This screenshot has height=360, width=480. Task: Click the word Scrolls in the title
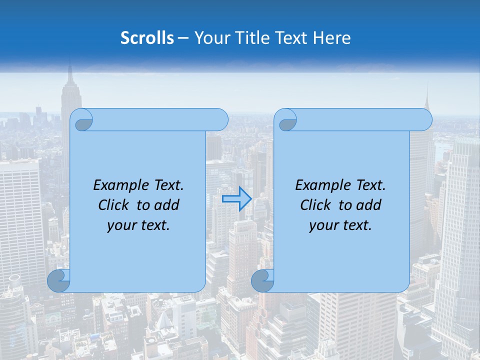147,38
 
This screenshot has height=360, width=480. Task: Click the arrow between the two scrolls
237,199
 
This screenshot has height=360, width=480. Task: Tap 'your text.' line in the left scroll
138,225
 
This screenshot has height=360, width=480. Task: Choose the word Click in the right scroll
315,205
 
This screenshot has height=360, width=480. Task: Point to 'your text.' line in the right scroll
340,225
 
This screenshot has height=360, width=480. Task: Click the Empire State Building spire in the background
70,75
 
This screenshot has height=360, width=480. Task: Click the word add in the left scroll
167,205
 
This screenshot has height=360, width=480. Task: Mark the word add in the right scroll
369,205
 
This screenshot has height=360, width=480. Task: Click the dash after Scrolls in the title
183,38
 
